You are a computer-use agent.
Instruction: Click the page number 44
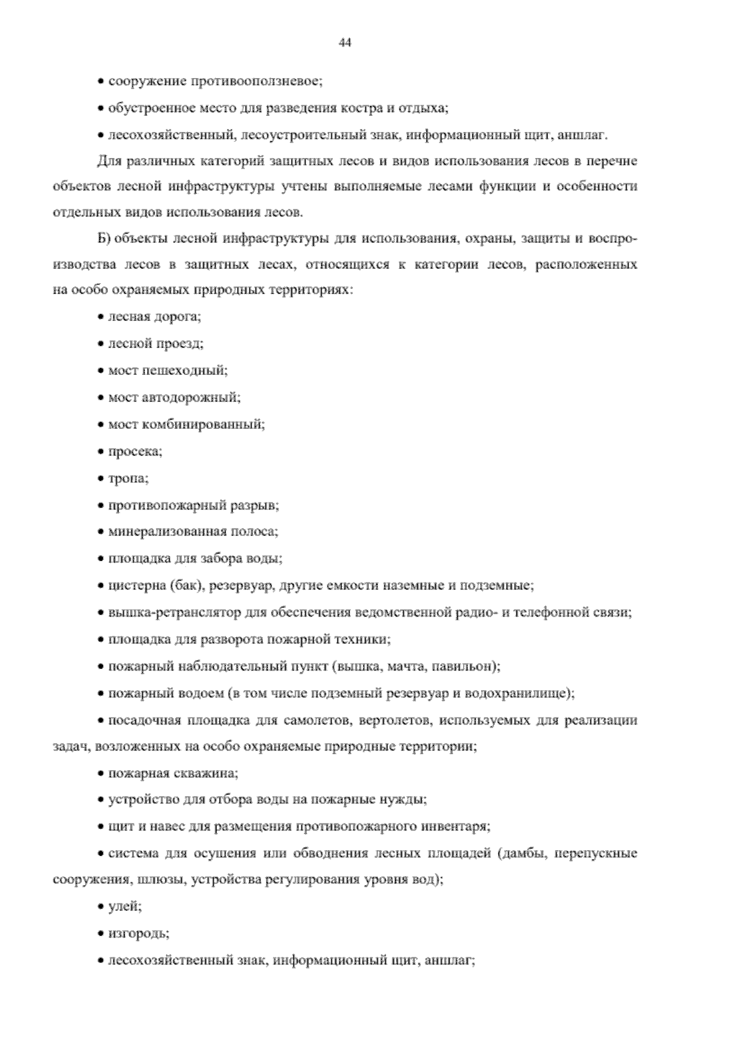coord(345,42)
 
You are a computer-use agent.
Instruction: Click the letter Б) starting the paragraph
coord(104,239)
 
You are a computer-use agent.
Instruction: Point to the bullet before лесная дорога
coord(101,317)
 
